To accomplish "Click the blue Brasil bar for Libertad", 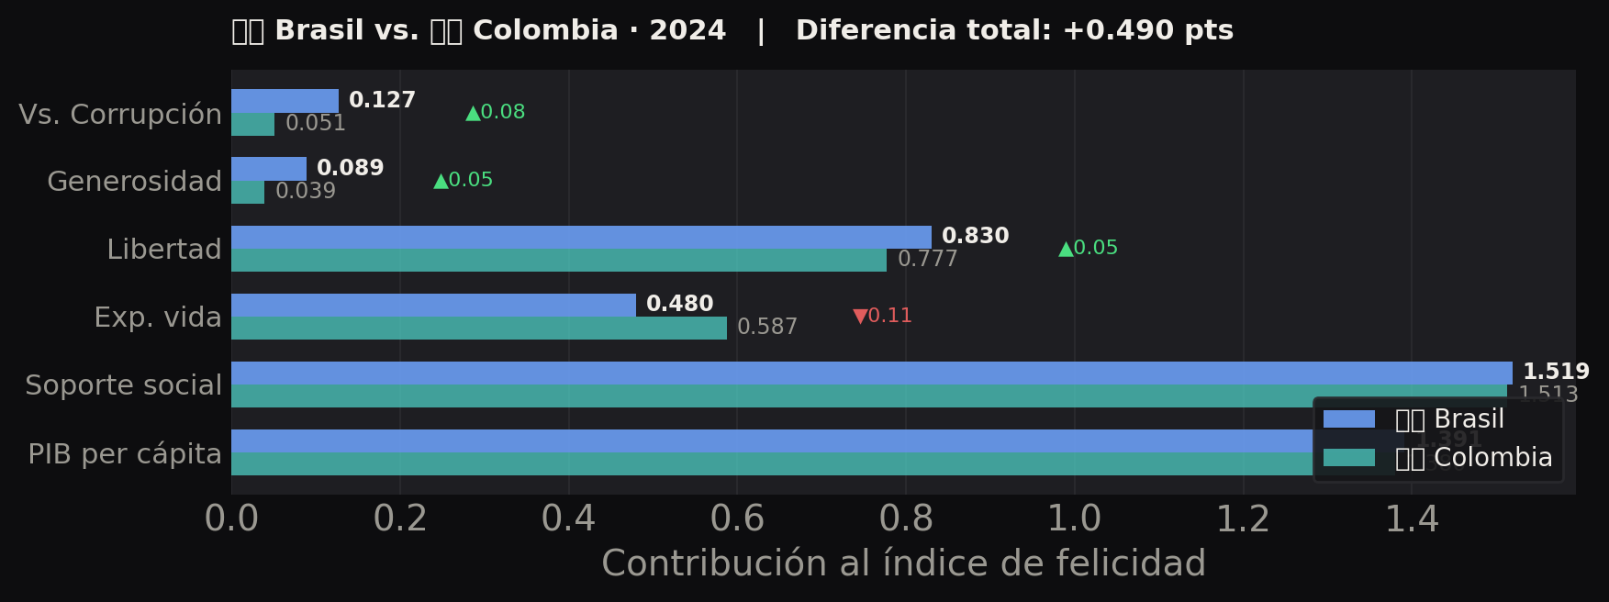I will (581, 237).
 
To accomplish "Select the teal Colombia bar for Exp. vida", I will (478, 329).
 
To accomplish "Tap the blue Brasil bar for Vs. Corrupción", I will (285, 101).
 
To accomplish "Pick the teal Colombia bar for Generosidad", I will (248, 193).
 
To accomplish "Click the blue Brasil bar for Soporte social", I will (871, 373).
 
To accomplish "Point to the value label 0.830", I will (975, 236).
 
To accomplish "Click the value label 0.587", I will (767, 328).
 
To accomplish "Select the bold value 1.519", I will (1556, 372).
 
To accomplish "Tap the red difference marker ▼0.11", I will (882, 316).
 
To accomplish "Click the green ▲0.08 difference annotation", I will (495, 112).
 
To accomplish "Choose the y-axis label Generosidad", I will (134, 182).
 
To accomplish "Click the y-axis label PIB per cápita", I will (125, 453).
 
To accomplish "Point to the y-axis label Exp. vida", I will (158, 318).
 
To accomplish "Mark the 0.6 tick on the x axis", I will (737, 519).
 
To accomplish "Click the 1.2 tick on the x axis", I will (1243, 519).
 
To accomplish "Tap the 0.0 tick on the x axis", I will (231, 519).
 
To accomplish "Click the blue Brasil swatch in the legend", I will (1348, 419).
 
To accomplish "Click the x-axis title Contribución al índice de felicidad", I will (903, 563).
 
